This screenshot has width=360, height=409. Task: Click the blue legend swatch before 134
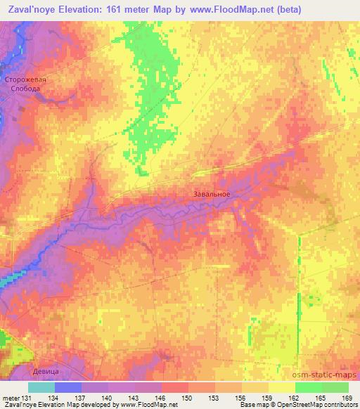68,387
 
